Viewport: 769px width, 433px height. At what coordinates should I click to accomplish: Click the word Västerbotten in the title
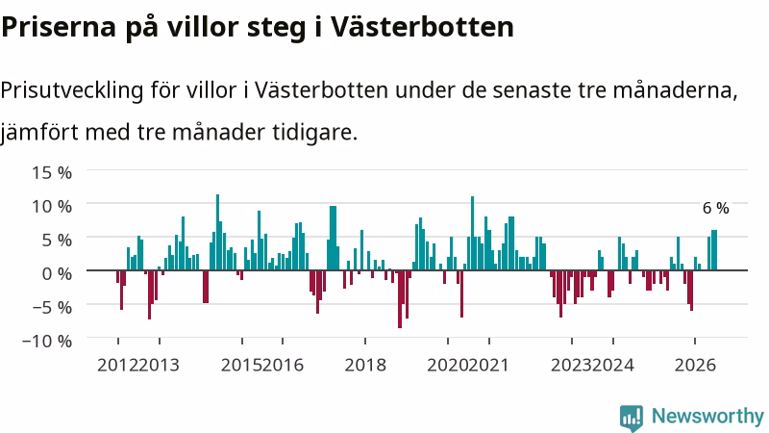point(422,27)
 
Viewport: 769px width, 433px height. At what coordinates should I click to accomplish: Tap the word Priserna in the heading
point(59,28)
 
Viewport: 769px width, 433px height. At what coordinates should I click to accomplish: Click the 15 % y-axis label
point(52,173)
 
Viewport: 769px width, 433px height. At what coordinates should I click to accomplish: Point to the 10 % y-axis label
point(52,206)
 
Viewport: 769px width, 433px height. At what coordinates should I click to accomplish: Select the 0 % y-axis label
point(57,273)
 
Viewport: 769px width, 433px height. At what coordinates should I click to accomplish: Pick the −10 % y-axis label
point(47,341)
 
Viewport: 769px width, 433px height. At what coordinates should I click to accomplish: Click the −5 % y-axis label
point(52,307)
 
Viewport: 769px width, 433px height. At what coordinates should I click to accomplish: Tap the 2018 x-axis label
point(365,366)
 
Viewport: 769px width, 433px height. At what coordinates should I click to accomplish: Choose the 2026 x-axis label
point(695,366)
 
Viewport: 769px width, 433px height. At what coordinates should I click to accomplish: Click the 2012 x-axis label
point(117,366)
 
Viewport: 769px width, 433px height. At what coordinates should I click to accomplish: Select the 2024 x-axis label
point(613,366)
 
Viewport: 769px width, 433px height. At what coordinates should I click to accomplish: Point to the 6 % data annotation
point(715,208)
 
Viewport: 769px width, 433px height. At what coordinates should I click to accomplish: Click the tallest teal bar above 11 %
point(218,232)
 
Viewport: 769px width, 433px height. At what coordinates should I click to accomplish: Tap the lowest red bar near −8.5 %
point(400,299)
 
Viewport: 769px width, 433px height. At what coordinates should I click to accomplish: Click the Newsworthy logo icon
point(632,418)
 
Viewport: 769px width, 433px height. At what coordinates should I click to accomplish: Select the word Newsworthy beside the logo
point(707,417)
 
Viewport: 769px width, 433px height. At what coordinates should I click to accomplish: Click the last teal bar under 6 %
point(714,250)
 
